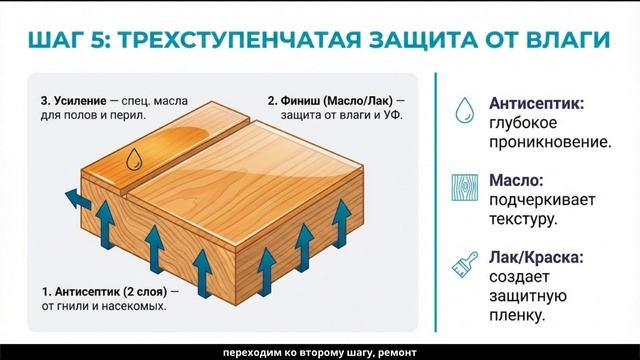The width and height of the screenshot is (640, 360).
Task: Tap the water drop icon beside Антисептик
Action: point(464,110)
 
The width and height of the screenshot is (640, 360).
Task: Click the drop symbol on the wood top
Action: point(133,158)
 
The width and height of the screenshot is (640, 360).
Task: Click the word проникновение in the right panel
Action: point(549,143)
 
